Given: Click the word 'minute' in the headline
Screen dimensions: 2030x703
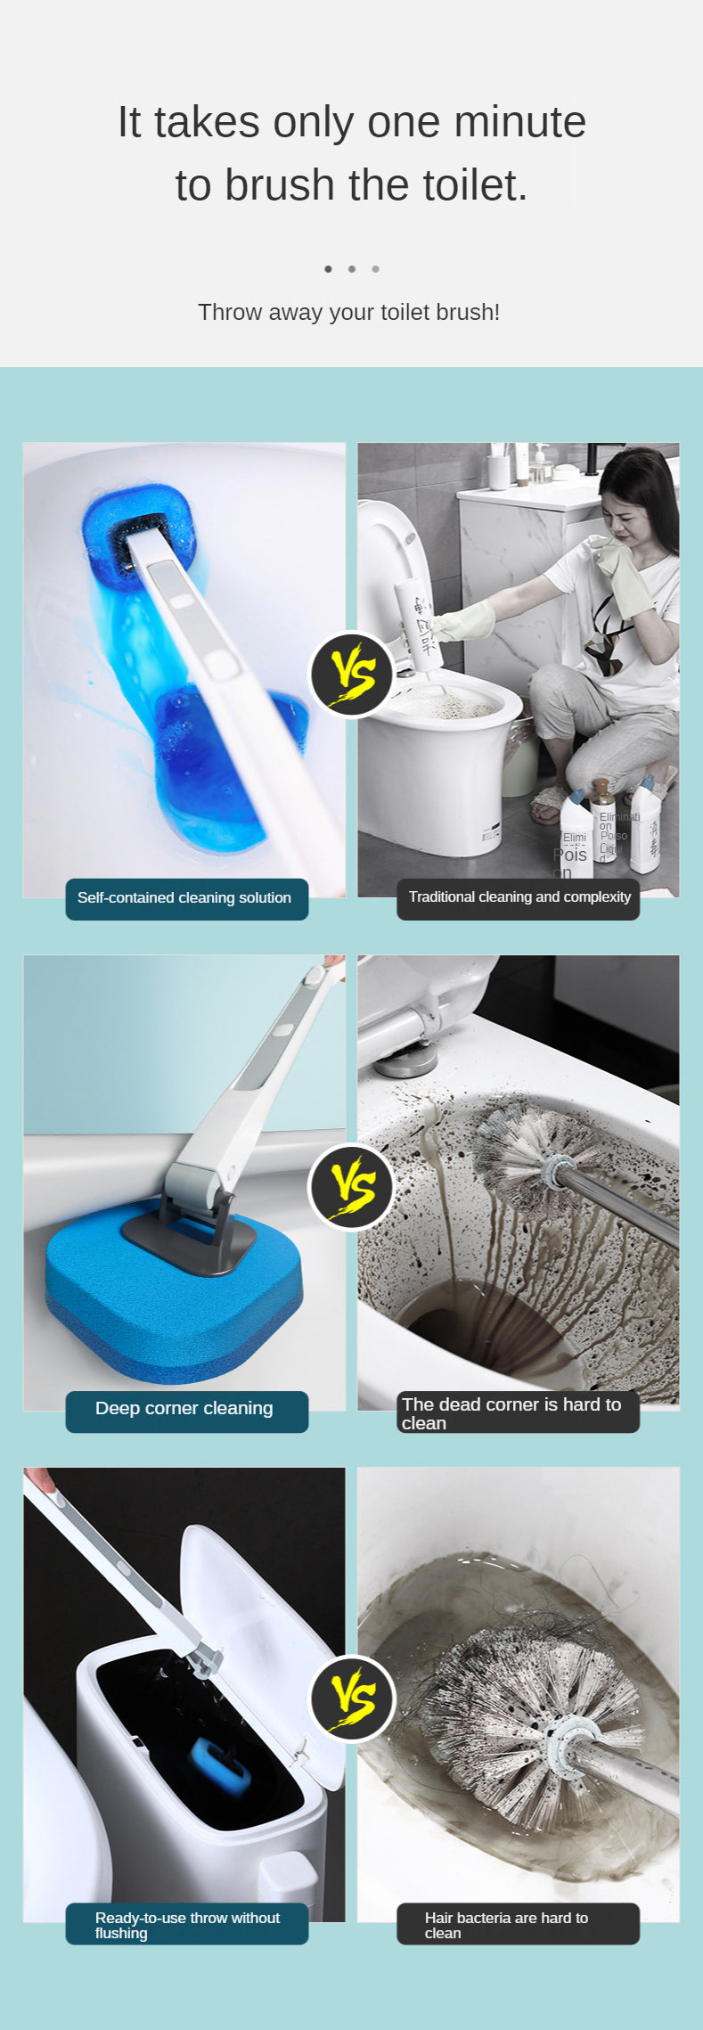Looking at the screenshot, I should (x=520, y=122).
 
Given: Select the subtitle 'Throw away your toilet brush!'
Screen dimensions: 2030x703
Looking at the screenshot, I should (x=348, y=312).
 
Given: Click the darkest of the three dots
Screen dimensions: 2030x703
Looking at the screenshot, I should (x=328, y=269).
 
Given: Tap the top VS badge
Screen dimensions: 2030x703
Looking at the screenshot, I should (x=352, y=675).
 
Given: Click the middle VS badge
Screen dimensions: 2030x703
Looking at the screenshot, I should (x=352, y=1187).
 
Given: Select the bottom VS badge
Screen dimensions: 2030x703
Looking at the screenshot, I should (x=352, y=1698).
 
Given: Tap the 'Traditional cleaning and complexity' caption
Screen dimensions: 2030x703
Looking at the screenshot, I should (x=519, y=897).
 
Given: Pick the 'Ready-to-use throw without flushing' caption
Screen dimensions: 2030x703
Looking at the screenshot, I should (x=186, y=1925).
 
